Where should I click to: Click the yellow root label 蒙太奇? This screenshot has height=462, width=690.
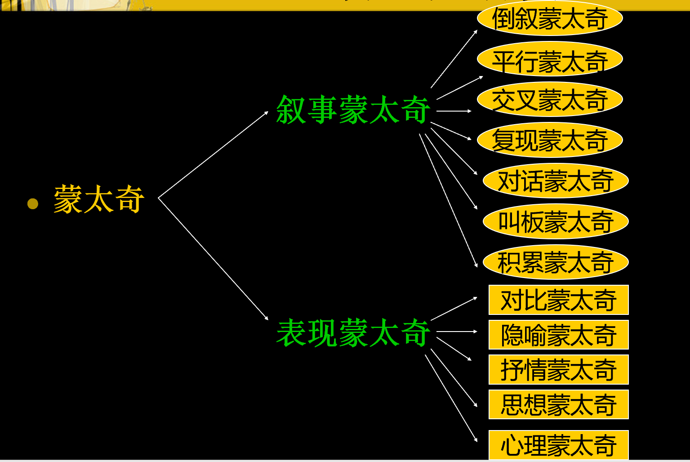point(99,199)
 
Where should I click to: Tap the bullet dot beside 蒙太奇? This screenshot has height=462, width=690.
point(33,204)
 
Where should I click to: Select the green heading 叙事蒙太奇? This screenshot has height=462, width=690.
point(353,110)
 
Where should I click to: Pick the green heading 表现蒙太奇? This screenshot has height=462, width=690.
point(353,333)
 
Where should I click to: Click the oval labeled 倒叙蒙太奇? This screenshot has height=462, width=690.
point(549,19)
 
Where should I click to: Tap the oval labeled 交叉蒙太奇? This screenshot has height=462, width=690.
point(549,100)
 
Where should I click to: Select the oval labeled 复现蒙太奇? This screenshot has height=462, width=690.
point(549,140)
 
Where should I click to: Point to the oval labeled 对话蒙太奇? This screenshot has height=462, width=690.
point(555,181)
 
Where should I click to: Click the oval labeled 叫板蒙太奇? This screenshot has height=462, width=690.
point(555,222)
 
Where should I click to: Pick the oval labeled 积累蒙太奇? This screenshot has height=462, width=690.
point(555,262)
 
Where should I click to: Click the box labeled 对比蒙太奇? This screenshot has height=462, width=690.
point(558,300)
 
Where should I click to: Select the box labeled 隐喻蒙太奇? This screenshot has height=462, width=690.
point(558,335)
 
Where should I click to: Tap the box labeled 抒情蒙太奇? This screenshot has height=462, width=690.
point(558,370)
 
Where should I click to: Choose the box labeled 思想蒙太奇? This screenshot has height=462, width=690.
point(558,404)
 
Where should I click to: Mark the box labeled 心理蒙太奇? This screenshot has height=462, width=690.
point(558,445)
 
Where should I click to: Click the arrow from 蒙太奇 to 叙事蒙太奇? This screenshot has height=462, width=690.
point(213,155)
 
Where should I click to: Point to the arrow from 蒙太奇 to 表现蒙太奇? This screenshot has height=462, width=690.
point(213,258)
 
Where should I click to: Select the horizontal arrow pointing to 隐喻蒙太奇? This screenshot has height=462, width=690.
point(456,332)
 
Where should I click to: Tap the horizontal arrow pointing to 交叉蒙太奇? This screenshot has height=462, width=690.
point(454,111)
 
